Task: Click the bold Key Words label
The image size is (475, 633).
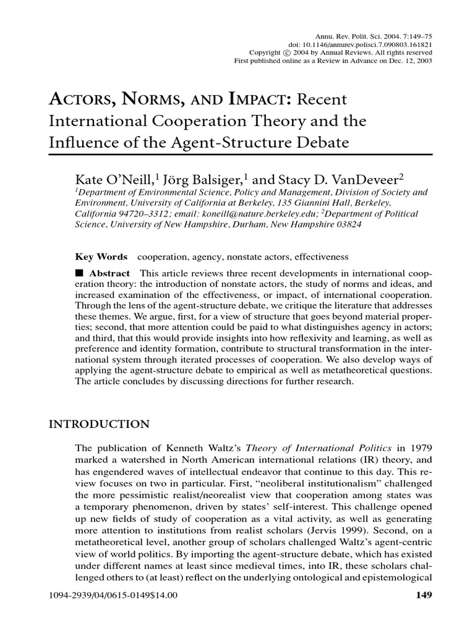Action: click(x=101, y=257)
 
